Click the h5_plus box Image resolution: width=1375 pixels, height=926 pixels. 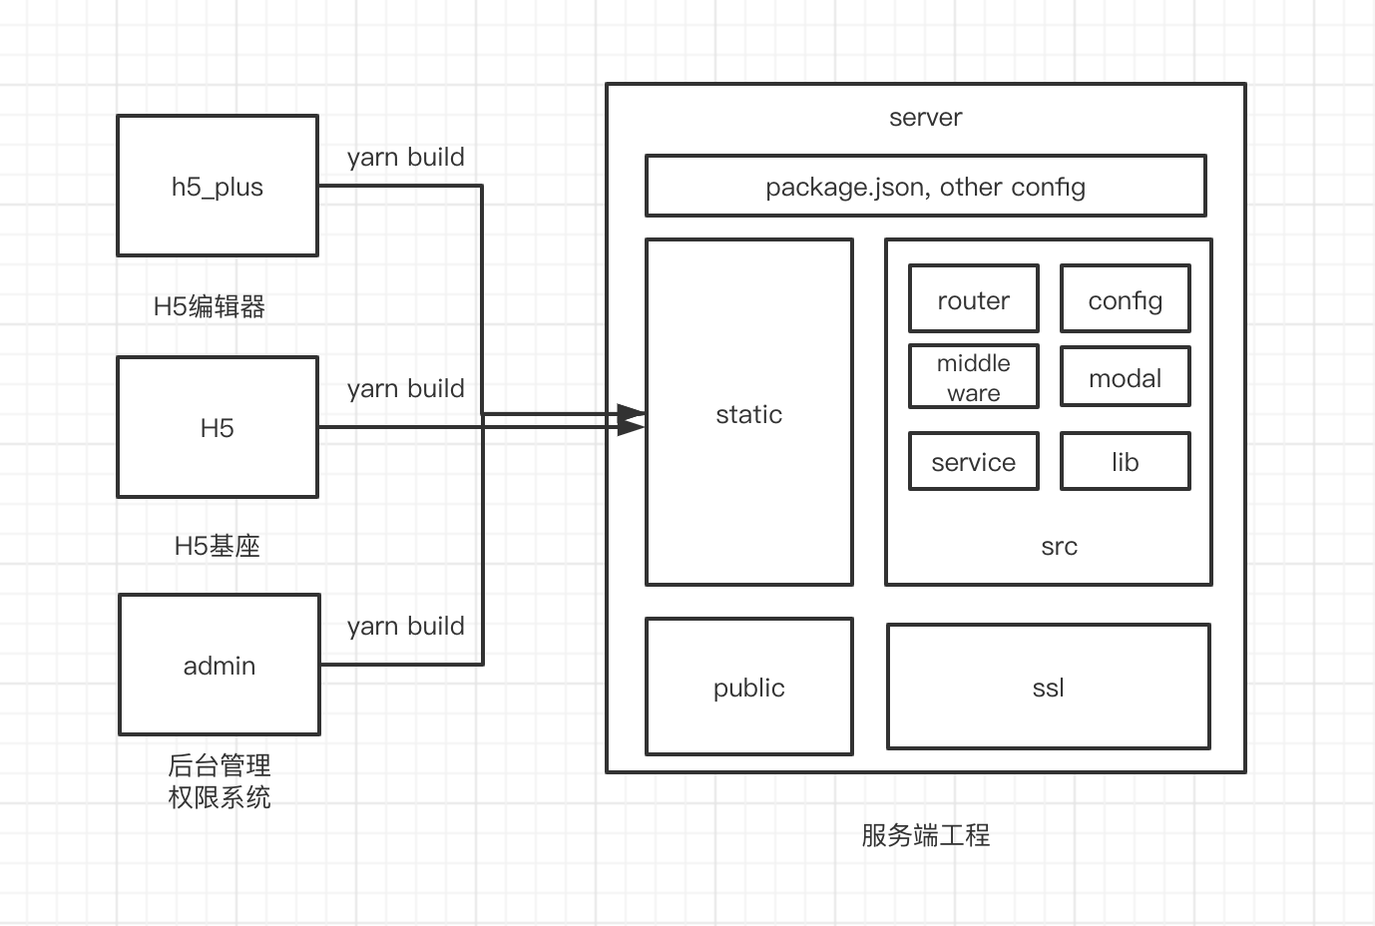(x=218, y=187)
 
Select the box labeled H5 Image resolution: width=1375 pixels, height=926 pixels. (x=218, y=427)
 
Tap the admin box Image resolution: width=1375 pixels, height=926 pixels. (x=220, y=665)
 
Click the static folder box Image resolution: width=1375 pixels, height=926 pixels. (x=749, y=413)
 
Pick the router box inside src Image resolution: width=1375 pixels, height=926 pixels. (x=973, y=299)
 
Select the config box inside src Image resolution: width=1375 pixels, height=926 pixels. (x=1125, y=299)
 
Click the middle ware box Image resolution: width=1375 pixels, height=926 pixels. (x=973, y=377)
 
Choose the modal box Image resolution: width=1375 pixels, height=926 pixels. (x=1125, y=377)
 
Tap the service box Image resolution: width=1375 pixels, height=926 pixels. (x=973, y=462)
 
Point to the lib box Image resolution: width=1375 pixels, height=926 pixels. (x=1125, y=462)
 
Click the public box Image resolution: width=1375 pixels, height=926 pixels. (x=749, y=688)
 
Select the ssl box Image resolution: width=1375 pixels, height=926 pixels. (x=1048, y=688)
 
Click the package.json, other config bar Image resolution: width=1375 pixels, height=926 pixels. (x=925, y=187)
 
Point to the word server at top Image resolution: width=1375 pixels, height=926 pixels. (x=925, y=118)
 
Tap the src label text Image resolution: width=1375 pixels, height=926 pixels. (x=1059, y=546)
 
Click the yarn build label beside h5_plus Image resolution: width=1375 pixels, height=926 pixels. (x=405, y=157)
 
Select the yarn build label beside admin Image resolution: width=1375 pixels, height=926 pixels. (x=405, y=626)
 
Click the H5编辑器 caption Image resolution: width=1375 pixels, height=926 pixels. (x=210, y=306)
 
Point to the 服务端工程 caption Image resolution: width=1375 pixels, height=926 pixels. (x=925, y=835)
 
